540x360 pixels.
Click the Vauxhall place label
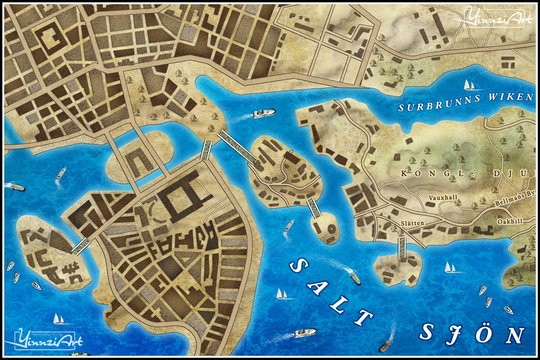(x=440, y=198)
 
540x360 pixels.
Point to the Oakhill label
(x=510, y=221)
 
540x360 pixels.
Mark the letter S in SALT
(x=298, y=267)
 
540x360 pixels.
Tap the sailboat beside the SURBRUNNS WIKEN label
(x=469, y=85)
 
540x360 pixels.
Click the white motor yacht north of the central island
(x=264, y=113)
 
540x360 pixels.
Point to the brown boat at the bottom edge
(x=385, y=347)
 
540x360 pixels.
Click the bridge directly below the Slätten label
(x=402, y=247)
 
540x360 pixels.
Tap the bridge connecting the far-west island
(x=81, y=246)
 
